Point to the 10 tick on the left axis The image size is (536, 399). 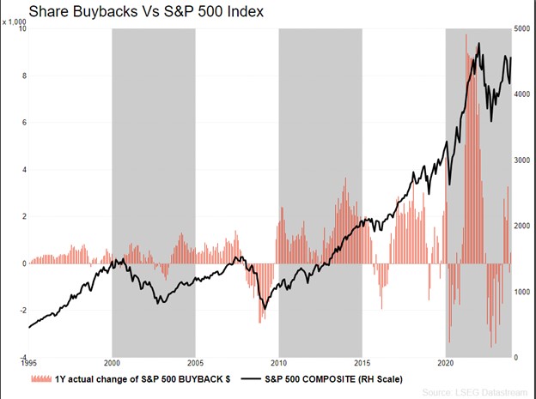pos(22,29)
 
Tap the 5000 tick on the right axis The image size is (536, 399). pos(522,29)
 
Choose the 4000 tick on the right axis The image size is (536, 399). pos(522,94)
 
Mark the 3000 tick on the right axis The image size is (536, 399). pos(522,160)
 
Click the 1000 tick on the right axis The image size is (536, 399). pos(522,292)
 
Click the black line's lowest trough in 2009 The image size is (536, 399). pos(265,308)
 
